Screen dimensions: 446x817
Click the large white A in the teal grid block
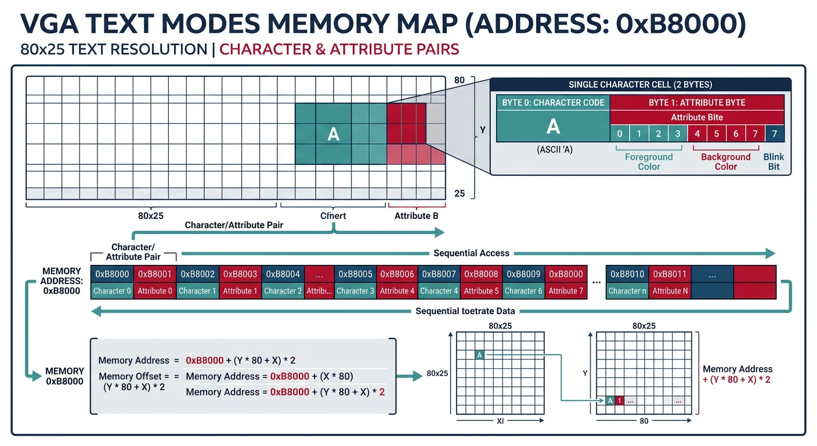point(333,134)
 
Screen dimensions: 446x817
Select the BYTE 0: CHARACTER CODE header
point(553,103)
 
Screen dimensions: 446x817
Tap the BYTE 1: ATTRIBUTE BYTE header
point(696,103)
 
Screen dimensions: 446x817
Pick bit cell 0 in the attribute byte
point(620,134)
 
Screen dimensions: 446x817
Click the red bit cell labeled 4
point(697,134)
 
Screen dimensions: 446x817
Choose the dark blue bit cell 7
point(774,134)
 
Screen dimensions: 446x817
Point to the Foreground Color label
point(649,161)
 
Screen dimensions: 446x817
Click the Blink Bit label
point(773,161)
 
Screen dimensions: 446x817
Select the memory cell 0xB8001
point(155,274)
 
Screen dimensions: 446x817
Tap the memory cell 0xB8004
point(283,274)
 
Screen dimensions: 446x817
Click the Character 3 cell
point(355,291)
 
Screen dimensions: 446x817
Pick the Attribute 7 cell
point(566,291)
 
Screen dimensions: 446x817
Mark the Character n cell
point(627,291)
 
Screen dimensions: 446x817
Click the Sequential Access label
point(471,253)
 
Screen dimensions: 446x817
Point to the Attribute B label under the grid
point(416,216)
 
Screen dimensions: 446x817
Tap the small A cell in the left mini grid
point(479,355)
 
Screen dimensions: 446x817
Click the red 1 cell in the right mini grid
point(619,401)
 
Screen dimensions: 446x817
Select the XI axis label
point(500,421)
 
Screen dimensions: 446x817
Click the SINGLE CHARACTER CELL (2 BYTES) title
point(640,85)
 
